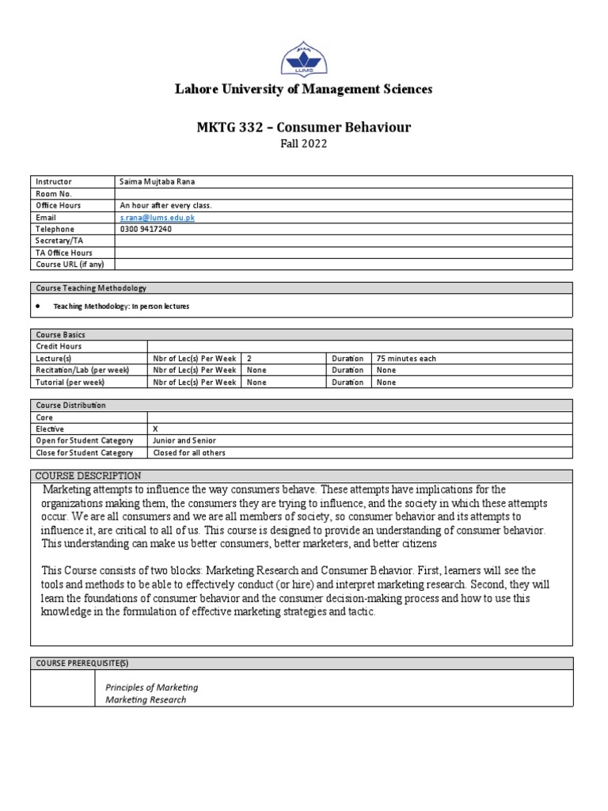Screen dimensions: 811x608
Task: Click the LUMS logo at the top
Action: [303, 58]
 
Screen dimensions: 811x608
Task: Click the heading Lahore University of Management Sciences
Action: [303, 89]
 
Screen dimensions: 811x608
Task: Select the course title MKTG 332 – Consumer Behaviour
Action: [303, 128]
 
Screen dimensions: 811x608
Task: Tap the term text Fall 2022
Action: [303, 144]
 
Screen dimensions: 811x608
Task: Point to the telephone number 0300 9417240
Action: [146, 229]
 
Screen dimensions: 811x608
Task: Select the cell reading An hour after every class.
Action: [165, 205]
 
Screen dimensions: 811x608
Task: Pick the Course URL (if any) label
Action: [70, 265]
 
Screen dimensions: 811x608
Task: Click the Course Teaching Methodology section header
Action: [91, 288]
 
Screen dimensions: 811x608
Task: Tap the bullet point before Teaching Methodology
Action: [39, 306]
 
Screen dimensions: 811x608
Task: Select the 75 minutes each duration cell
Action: [406, 358]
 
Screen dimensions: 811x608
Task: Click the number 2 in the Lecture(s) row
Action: [249, 358]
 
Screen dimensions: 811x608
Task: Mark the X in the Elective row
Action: [155, 428]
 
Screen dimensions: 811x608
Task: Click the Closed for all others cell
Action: [189, 452]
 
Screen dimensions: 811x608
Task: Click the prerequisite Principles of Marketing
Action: [152, 687]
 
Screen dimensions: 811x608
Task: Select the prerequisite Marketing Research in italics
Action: [146, 699]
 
